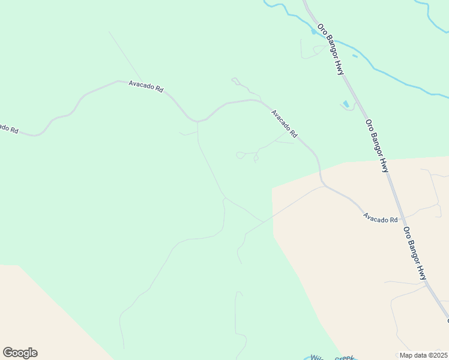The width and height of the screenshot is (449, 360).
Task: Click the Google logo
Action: (x=20, y=353)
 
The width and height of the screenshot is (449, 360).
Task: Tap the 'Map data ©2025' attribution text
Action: (x=423, y=355)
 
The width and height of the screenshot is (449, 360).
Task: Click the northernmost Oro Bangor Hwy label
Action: (x=331, y=50)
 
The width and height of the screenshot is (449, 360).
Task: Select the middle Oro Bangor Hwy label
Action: (x=377, y=146)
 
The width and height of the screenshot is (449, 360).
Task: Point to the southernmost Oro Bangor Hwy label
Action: (x=415, y=253)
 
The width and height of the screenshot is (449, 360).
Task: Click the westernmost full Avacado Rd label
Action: (x=146, y=87)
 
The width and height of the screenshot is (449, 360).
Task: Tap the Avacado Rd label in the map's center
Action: (x=284, y=123)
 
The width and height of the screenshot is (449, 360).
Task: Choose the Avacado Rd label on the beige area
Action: (x=380, y=220)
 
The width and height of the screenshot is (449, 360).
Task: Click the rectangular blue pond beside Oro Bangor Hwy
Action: (x=346, y=104)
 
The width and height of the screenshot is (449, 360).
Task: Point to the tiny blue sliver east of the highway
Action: (x=355, y=56)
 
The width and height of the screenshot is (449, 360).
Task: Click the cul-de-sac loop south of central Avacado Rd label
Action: (x=240, y=155)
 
